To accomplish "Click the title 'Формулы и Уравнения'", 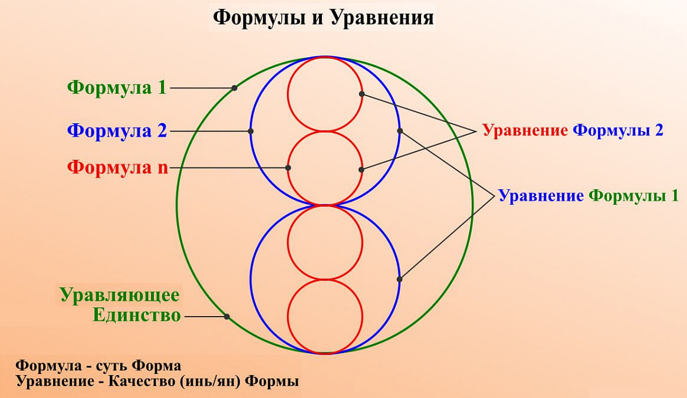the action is (x=323, y=18).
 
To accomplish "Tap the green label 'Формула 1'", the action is (x=117, y=87).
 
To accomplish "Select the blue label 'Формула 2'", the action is (x=117, y=131).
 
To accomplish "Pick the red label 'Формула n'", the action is (x=117, y=167).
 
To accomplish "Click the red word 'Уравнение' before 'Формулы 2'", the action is (x=525, y=130).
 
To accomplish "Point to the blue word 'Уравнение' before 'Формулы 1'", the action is (x=541, y=196).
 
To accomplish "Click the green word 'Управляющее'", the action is (x=120, y=295).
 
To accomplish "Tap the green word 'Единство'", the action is (x=137, y=315).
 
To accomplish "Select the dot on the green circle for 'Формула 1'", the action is (x=234, y=88).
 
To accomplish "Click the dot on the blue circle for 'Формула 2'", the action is (x=251, y=131).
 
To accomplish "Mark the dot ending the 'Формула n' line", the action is (x=288, y=168).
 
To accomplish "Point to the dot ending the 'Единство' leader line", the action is (x=227, y=317).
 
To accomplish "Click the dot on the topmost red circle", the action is (x=361, y=94).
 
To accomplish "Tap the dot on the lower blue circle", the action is (x=399, y=279).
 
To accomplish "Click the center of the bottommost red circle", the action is (x=325, y=316).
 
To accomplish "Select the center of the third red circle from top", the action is (x=325, y=242).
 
